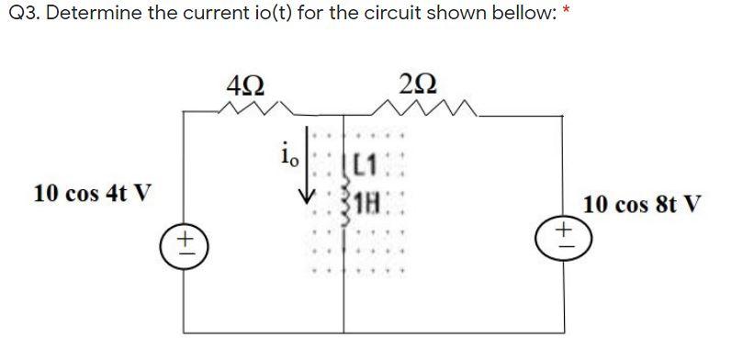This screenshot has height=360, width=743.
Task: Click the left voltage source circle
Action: pyautogui.click(x=183, y=244)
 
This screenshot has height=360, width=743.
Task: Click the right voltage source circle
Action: pyautogui.click(x=562, y=227)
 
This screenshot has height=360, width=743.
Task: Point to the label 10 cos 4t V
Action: pyautogui.click(x=92, y=195)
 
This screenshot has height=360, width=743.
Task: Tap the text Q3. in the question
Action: pyautogui.click(x=20, y=17)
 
